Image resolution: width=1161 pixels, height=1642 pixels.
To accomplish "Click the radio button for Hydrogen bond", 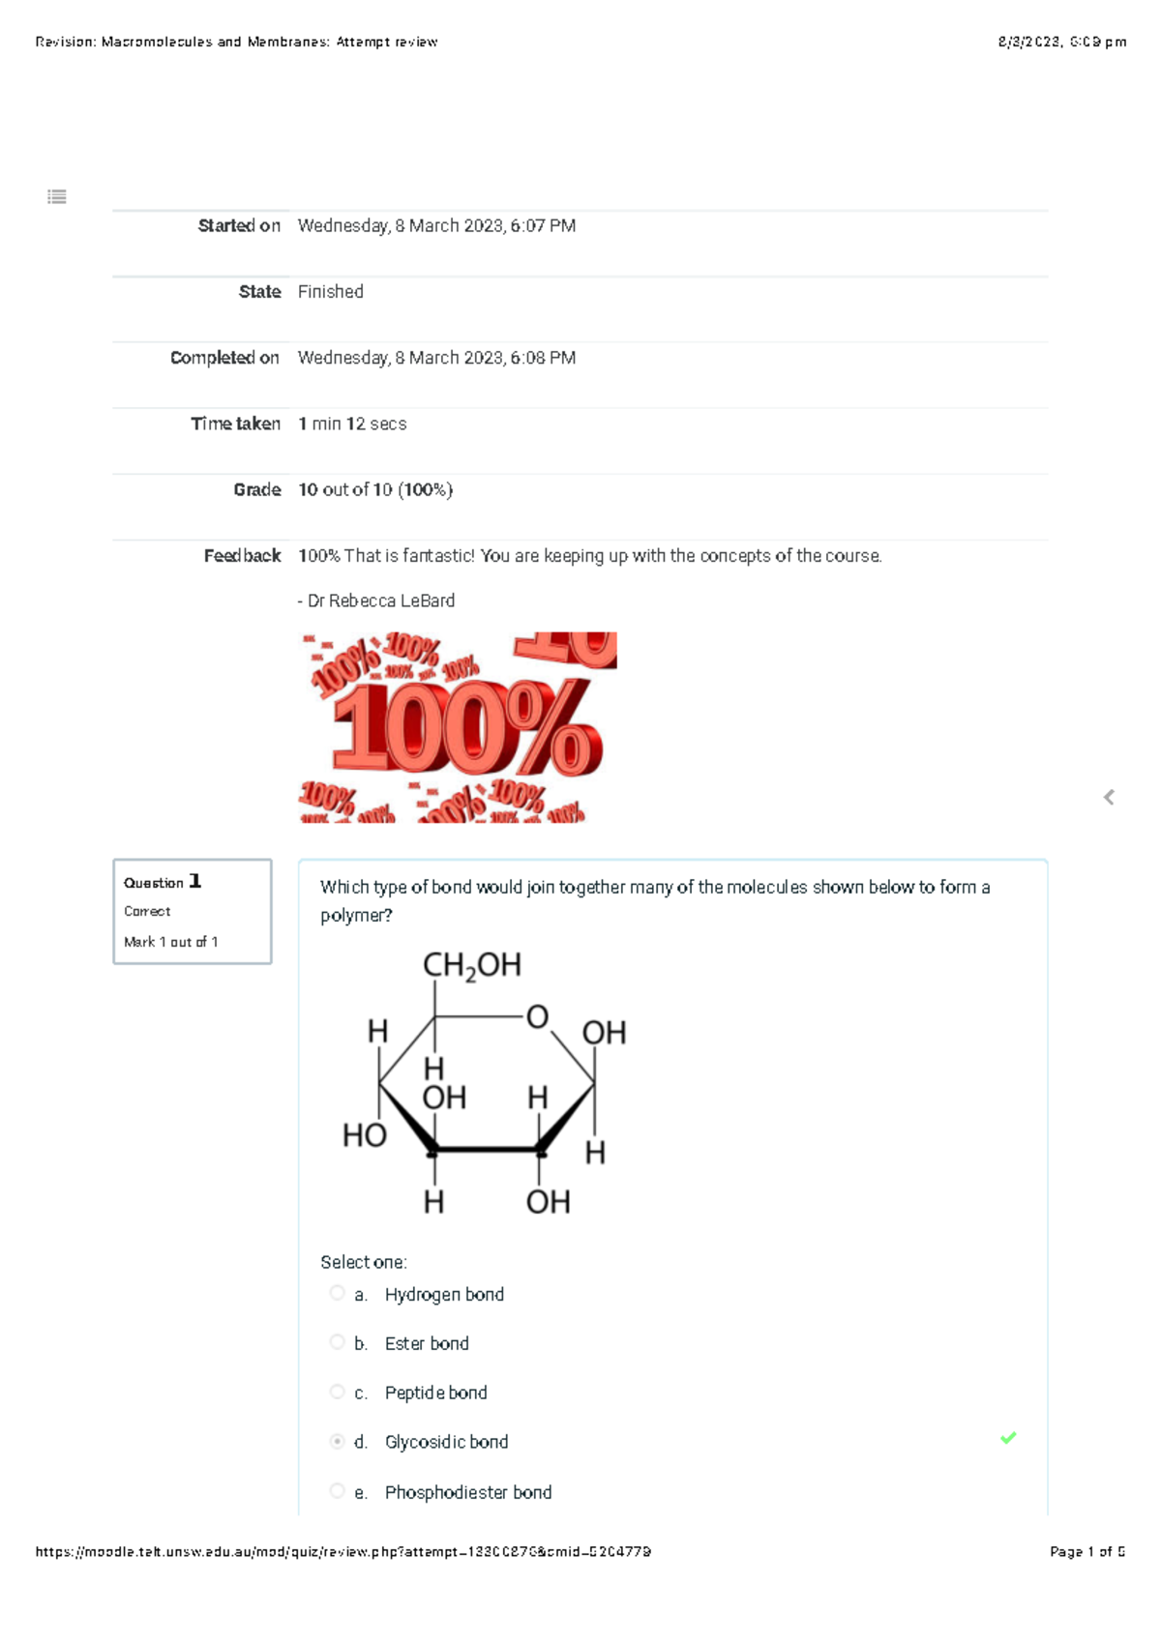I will [x=337, y=1293].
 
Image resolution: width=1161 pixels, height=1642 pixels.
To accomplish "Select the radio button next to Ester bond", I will [x=337, y=1342].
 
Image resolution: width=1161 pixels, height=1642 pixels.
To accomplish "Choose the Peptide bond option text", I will [x=435, y=1393].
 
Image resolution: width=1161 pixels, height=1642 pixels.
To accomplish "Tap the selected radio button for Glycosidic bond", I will [x=337, y=1442].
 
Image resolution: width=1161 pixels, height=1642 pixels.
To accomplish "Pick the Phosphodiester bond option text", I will [x=468, y=1492].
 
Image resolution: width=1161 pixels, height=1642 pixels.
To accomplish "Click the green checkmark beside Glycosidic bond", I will [x=1008, y=1438].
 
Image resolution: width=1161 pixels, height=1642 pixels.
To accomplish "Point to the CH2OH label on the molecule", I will [x=472, y=965].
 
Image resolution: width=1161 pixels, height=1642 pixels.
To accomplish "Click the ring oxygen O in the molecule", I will [x=537, y=1016].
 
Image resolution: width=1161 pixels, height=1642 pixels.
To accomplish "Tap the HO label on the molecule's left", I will [x=365, y=1135].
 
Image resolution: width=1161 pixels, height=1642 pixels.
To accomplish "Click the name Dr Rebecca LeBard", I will [x=381, y=601].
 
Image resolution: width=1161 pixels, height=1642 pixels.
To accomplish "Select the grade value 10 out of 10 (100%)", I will [x=375, y=489].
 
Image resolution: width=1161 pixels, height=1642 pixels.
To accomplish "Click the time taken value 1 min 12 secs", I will [x=352, y=424].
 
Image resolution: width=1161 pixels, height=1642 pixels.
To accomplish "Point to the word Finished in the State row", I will [x=331, y=291].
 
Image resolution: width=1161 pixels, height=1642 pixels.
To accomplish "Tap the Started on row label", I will [x=239, y=225].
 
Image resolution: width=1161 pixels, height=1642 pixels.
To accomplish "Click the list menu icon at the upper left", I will [x=57, y=197].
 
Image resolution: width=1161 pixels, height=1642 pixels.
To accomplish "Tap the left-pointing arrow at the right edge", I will [x=1109, y=797].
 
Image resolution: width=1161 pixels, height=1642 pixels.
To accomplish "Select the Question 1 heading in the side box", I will [x=163, y=882].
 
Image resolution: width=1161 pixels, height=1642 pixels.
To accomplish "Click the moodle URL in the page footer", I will [x=343, y=1551].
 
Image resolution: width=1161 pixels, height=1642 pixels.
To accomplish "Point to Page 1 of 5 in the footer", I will [x=1087, y=1551].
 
